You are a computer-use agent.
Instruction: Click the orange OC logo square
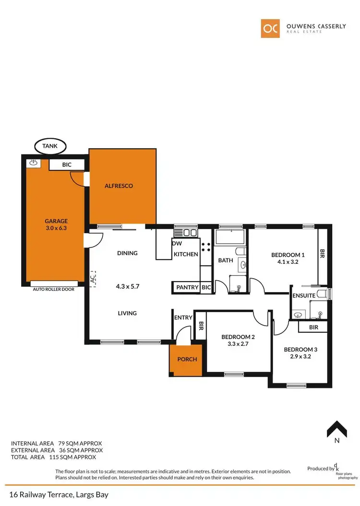point(270,28)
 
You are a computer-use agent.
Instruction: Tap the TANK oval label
point(50,145)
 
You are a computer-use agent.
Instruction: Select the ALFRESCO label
point(119,186)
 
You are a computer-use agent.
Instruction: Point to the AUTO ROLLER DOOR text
point(53,290)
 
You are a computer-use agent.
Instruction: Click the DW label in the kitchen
point(177,243)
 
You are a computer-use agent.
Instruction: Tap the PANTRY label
point(187,287)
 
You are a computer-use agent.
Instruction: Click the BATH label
point(225,260)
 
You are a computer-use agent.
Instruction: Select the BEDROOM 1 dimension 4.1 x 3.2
point(288,262)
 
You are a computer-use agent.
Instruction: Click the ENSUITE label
point(304,295)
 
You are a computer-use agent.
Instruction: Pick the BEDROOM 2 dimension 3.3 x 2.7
point(238,344)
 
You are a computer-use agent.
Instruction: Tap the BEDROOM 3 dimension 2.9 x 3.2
point(300,356)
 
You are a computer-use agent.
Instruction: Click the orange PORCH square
point(187,359)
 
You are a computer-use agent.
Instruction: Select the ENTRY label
point(183,318)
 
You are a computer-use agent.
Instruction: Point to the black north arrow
point(337,428)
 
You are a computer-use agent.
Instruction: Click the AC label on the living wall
point(93,279)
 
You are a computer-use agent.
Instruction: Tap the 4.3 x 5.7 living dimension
point(127,286)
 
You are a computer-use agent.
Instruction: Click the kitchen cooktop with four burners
point(206,247)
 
